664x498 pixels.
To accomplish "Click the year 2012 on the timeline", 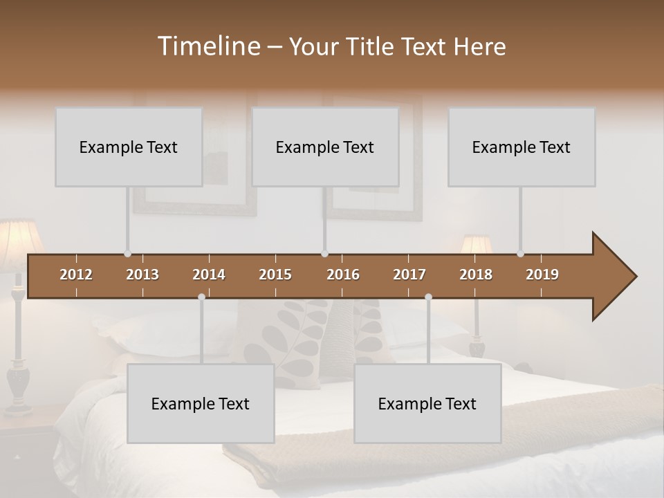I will pos(76,275).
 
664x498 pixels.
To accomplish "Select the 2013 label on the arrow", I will pos(142,275).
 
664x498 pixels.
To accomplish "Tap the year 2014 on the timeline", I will pos(209,275).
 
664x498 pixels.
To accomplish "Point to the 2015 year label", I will pos(275,275).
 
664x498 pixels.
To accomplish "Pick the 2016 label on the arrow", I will pos(343,275).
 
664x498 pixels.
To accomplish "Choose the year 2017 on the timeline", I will pos(409,275).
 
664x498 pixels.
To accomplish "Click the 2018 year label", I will pos(476,275).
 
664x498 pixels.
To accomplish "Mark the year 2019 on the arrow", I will pos(542,275).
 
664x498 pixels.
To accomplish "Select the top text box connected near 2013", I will pos(129,147).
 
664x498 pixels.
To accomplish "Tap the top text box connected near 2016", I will pos(325,147).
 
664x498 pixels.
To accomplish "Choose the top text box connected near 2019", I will pos(522,147).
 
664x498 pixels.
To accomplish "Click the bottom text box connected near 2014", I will pos(201,403).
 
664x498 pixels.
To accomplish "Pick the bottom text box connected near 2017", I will pos(427,403).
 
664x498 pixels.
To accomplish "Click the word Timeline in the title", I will pos(208,46).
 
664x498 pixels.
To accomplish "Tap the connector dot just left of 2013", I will pos(127,254).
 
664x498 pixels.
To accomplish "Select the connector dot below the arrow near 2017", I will pos(428,297).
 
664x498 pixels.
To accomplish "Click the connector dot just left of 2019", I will pos(520,254).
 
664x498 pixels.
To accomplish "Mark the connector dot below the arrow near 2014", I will pos(201,297).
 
